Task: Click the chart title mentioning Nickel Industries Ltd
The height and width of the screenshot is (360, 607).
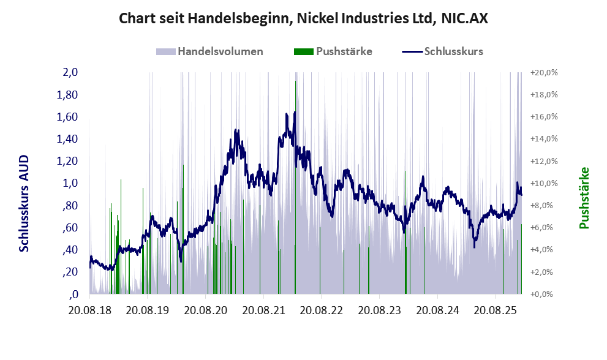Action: click(303, 19)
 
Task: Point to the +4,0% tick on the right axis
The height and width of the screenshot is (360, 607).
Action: click(543, 250)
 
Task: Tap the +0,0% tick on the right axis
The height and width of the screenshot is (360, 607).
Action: click(543, 294)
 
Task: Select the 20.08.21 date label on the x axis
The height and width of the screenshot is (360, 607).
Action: click(262, 311)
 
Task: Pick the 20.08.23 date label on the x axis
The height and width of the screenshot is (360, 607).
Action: click(379, 311)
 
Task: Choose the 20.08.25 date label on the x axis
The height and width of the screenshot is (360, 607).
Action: click(495, 311)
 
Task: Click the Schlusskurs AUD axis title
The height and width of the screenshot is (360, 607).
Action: click(24, 203)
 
